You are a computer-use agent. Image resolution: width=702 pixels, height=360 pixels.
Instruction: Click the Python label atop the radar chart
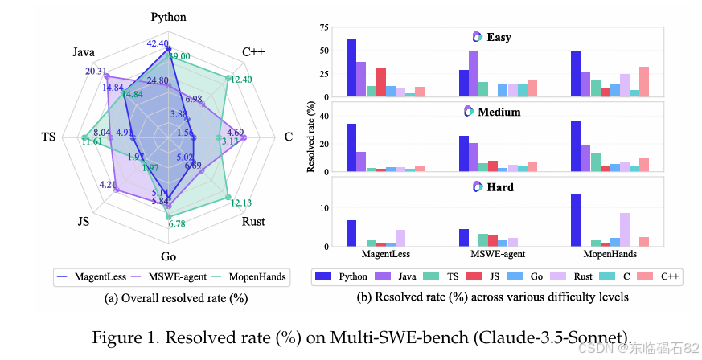(168, 17)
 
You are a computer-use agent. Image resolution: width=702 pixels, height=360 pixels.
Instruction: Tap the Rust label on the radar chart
(253, 221)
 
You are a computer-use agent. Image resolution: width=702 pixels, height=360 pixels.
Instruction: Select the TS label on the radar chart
(48, 137)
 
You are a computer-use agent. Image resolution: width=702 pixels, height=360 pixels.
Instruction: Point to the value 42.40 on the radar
(158, 43)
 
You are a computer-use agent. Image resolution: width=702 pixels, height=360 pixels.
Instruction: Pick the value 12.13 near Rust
(240, 202)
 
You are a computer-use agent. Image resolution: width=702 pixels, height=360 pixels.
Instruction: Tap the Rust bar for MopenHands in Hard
(625, 229)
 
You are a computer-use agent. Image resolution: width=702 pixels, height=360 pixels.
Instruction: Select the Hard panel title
(499, 187)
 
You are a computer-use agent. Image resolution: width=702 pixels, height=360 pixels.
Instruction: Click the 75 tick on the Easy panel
(323, 28)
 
